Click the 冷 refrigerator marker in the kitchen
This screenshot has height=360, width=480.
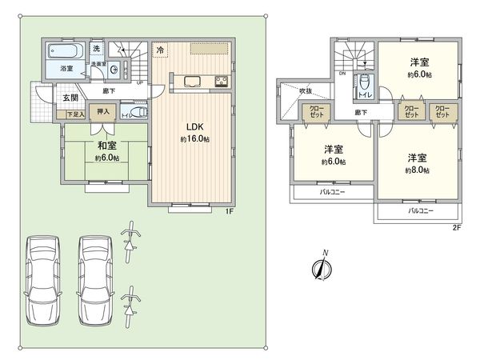(160, 50)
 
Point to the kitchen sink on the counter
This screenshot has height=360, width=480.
(193, 80)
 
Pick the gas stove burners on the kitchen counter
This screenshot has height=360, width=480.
(221, 80)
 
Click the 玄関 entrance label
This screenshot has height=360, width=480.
(70, 98)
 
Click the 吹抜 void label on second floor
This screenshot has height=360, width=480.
(305, 91)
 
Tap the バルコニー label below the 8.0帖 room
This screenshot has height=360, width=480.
(420, 210)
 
